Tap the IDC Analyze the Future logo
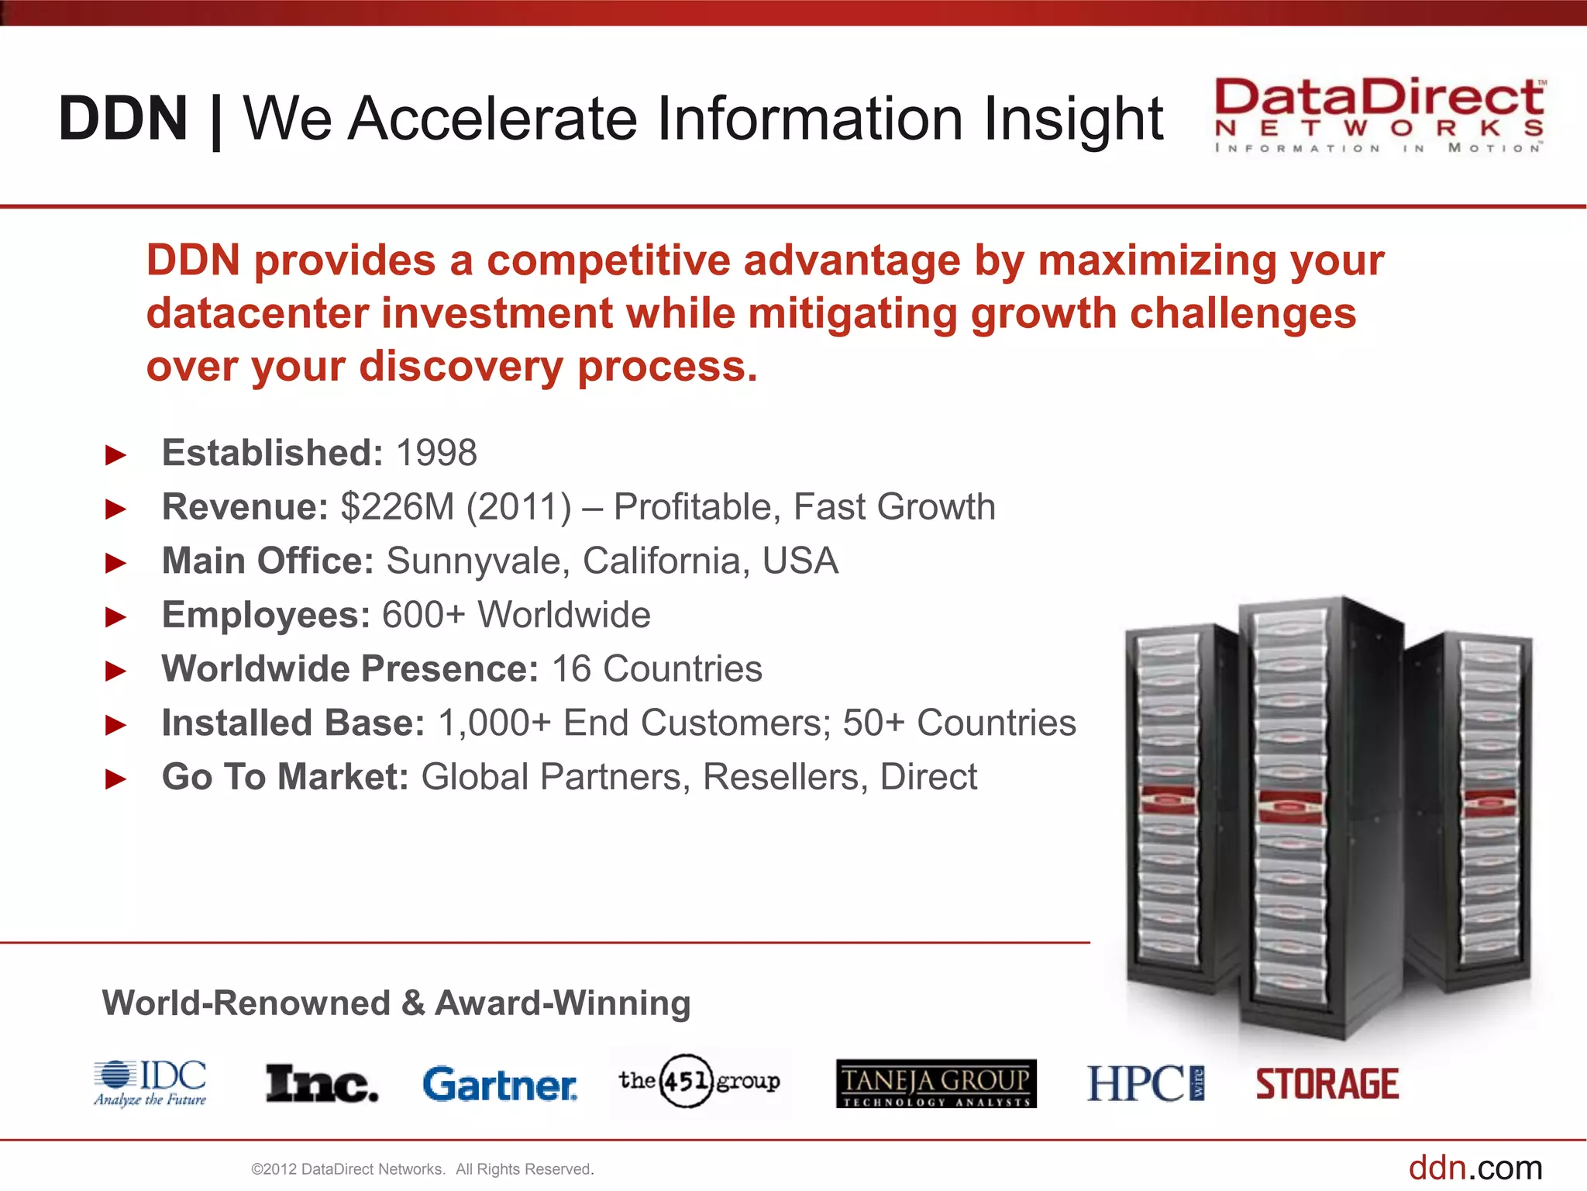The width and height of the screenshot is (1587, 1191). (x=150, y=1082)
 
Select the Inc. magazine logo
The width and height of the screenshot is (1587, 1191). (x=322, y=1084)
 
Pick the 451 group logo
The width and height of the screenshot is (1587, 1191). (x=699, y=1081)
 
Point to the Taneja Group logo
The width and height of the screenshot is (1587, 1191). (x=936, y=1083)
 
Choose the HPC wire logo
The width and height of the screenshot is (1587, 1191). (x=1145, y=1083)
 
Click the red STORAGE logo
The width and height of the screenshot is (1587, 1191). (x=1327, y=1084)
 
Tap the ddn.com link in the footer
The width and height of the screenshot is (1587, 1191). (x=1475, y=1168)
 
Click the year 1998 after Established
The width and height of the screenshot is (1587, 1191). (x=436, y=453)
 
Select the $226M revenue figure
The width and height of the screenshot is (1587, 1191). (x=398, y=507)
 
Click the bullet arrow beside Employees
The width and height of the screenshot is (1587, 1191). (x=116, y=617)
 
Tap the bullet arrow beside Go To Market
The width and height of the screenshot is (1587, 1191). (x=116, y=778)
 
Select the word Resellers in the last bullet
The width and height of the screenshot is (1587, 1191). (x=785, y=777)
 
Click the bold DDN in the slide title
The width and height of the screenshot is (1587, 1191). (x=123, y=119)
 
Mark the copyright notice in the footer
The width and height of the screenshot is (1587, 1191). (x=422, y=1169)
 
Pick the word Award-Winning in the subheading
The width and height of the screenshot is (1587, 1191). (x=563, y=1003)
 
